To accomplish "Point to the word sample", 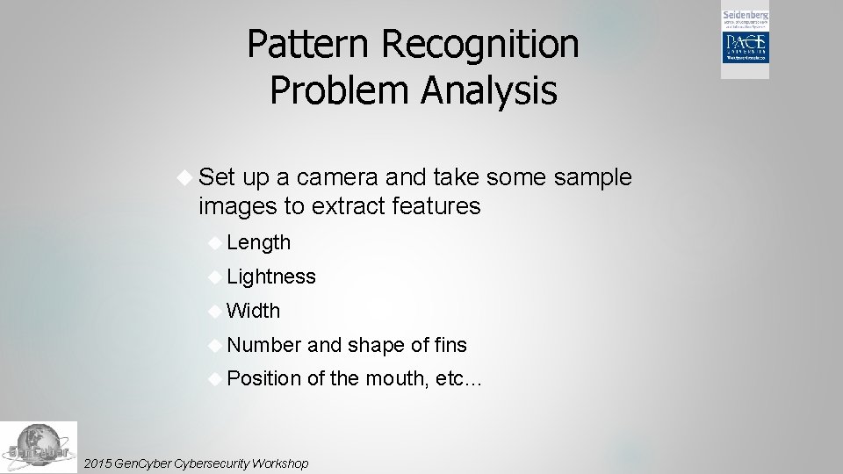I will click(594, 177).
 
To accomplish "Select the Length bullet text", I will click(258, 242).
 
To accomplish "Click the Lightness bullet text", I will click(270, 276).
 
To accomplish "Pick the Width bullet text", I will click(253, 311).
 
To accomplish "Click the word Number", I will click(263, 345).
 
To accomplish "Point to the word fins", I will click(450, 345).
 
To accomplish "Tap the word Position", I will click(263, 379).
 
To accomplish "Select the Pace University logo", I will click(745, 49).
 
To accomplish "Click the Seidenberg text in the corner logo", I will click(745, 16).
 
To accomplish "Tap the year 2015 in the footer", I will click(95, 463).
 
